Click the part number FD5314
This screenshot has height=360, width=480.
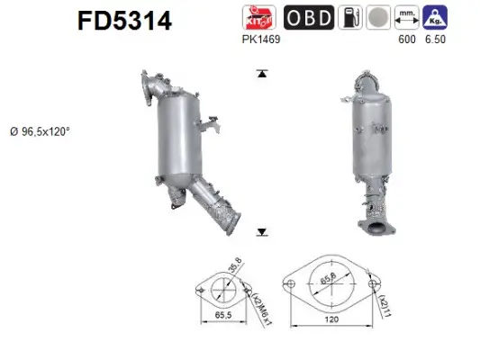point(122,21)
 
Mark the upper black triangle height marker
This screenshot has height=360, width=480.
point(261,73)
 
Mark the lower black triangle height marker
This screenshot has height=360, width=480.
point(261,232)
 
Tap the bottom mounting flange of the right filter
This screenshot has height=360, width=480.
point(376,225)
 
